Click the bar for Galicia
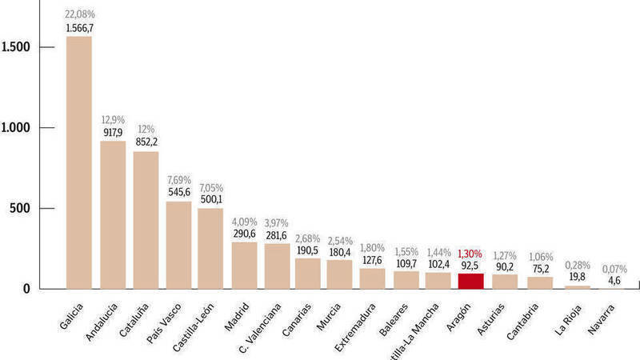(78, 162)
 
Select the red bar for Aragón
(471, 281)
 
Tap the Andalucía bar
(113, 214)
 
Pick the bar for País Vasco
(178, 245)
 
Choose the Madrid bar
(244, 265)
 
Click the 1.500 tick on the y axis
(16, 47)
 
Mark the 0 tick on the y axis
(26, 289)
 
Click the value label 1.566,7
(78, 27)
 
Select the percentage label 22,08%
(78, 14)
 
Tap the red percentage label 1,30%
(470, 254)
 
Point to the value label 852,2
(146, 142)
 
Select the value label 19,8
(576, 277)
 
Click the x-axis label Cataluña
(134, 317)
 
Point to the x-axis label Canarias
(295, 318)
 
